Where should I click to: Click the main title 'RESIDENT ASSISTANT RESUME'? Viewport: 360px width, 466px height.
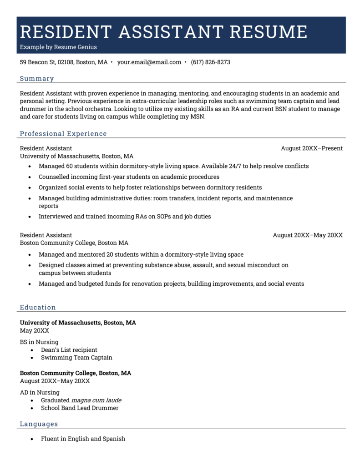(x=164, y=32)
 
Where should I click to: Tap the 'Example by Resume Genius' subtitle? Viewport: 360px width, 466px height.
(x=58, y=47)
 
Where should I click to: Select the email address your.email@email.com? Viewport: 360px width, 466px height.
(x=149, y=62)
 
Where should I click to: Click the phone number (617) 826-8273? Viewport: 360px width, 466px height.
(x=210, y=62)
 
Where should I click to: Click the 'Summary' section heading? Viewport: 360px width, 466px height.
(x=37, y=78)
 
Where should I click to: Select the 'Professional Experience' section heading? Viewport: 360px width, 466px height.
(x=63, y=133)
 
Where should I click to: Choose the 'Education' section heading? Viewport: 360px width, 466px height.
(x=38, y=307)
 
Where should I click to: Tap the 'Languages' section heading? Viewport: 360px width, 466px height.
(x=39, y=424)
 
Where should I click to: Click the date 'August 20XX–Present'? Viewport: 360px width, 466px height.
(x=311, y=148)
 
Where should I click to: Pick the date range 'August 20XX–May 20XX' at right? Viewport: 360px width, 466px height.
(x=307, y=235)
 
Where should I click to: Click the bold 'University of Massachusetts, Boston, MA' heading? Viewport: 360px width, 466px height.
(x=78, y=323)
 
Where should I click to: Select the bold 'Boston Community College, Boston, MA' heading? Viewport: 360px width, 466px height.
(x=76, y=373)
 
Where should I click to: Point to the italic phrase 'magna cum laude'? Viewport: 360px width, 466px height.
(x=96, y=400)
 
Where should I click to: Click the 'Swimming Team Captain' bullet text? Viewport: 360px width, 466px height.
(x=76, y=358)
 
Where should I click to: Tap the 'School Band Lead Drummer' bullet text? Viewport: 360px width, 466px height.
(x=80, y=408)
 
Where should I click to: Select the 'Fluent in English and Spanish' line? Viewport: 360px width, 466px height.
(x=83, y=439)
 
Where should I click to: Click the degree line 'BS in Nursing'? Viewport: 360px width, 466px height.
(x=39, y=342)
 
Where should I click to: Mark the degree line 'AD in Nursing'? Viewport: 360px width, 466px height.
(x=40, y=392)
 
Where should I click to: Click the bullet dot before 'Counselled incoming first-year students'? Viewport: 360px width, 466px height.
(x=30, y=177)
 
